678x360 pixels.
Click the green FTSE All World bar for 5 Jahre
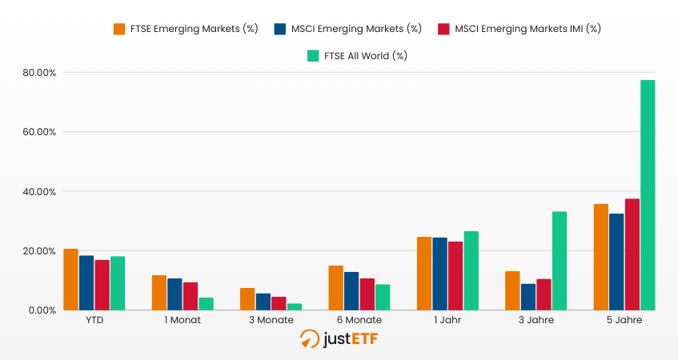pos(648,194)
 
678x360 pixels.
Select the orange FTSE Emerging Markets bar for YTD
pos(71,279)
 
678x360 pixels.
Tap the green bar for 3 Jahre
pos(559,260)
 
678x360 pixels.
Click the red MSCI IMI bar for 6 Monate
pos(367,294)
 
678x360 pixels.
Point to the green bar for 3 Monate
pos(295,306)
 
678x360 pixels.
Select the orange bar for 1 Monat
pos(159,292)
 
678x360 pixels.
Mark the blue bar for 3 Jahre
pos(528,296)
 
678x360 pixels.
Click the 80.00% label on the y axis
pos(38,73)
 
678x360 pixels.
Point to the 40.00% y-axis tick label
pos(38,192)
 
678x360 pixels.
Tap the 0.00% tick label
pos(41,310)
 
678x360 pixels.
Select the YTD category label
pos(94,320)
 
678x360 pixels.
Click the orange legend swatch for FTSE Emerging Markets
pos(119,29)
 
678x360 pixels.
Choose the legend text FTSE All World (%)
pos(365,56)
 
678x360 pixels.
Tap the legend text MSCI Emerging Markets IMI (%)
pos(527,29)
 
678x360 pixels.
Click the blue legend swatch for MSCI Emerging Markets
pos(280,29)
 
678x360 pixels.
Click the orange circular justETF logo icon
pos(310,339)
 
